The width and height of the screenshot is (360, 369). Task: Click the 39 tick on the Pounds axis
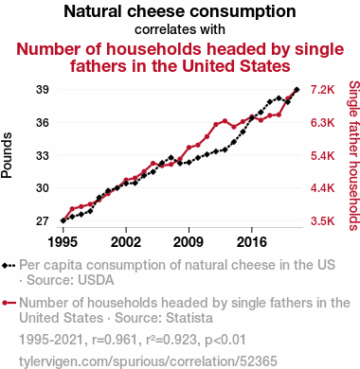coord(43,90)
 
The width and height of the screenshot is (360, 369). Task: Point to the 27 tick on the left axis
coord(43,221)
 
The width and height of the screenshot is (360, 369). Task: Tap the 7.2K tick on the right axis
coord(322,90)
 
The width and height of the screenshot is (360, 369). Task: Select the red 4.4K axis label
coord(322,188)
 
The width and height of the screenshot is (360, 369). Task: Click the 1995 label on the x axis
coord(63,242)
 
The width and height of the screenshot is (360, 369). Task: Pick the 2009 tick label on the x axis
coord(189,242)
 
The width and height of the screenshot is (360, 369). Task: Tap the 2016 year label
coord(252,242)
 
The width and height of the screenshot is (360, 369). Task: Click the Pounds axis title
coord(7,155)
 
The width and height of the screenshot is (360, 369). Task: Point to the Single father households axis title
coord(354,155)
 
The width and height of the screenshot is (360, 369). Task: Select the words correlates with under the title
coord(180,29)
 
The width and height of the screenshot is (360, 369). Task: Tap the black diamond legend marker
coord(5,266)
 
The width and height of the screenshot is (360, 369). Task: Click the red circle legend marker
coord(5,303)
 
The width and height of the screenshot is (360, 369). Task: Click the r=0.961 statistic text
coord(115,340)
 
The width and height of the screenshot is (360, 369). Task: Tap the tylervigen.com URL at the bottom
coord(148,361)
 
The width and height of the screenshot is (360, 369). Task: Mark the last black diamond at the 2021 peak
coord(297,90)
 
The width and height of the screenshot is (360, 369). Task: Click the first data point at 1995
coord(63,220)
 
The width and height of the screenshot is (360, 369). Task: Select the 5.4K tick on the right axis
coord(322,155)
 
